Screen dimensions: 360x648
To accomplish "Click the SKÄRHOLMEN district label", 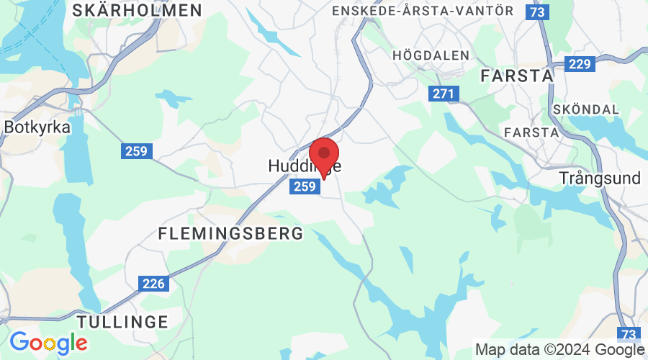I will coord(137,10).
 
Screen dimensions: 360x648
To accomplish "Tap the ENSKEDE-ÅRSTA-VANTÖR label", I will coord(423,11).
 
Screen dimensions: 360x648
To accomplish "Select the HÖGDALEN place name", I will coord(431,55).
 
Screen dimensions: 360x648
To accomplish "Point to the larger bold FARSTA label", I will coord(517,76).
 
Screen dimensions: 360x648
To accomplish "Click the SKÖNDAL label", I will coord(587,109).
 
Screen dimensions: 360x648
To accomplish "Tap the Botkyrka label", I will coord(37,127).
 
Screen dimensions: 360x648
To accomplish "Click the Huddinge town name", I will coord(302,166).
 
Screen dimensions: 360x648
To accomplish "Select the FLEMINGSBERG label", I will coord(230,234).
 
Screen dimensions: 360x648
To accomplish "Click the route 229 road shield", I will coord(579,65).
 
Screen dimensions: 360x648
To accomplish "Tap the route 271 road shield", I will coord(444,94).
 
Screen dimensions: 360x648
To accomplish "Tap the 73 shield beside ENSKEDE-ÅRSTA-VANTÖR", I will coord(536,12).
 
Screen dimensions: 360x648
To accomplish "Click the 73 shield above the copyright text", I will coord(629,334).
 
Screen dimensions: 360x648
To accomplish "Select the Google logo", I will coord(48,341).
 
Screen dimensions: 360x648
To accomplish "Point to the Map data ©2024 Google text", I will coord(559,350).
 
